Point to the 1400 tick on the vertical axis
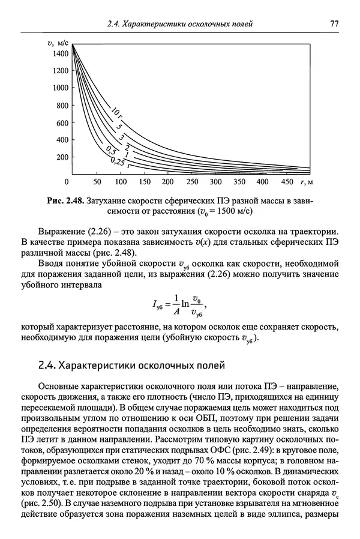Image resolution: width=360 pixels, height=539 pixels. pos(61,53)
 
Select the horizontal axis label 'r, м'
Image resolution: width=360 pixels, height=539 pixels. pos(308,181)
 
